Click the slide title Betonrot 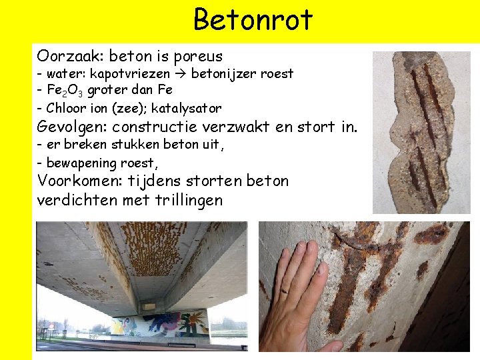tap(253, 20)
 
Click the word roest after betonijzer tap(277, 73)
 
